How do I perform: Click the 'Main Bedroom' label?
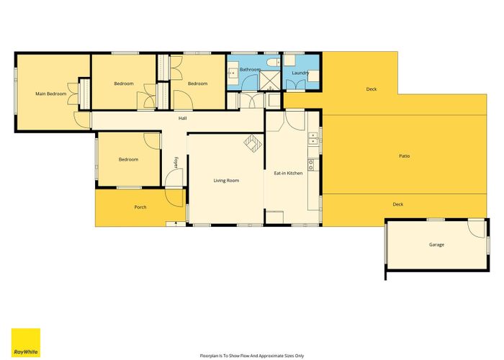point(51,94)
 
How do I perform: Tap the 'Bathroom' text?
point(250,70)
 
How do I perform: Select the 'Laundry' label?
point(300,73)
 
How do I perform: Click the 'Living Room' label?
point(226,181)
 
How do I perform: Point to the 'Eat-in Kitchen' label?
point(288,173)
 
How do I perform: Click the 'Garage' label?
point(436,245)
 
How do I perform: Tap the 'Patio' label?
point(405,156)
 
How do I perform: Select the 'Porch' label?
point(140,207)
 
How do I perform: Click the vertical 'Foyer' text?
point(175,162)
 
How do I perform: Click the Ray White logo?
point(26,342)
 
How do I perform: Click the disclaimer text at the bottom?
point(252,356)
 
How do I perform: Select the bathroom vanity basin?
point(233,71)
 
